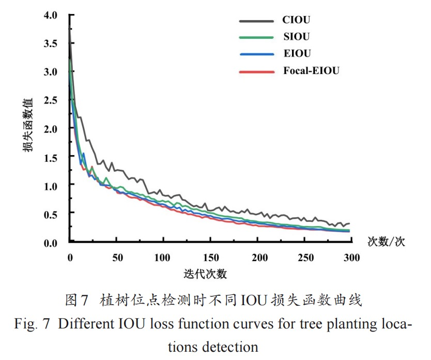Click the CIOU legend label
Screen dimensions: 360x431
pos(296,21)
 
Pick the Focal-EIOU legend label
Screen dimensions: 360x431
pos(311,71)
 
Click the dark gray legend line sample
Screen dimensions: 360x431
pos(256,21)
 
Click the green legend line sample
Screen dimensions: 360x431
pos(256,37)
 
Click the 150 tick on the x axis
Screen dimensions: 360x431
pos(211,258)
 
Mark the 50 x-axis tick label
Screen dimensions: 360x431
pos(117,258)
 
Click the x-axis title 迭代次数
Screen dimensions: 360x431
pos(205,274)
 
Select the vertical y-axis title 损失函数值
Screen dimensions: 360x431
pos(28,124)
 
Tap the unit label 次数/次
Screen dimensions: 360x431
pos(386,242)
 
